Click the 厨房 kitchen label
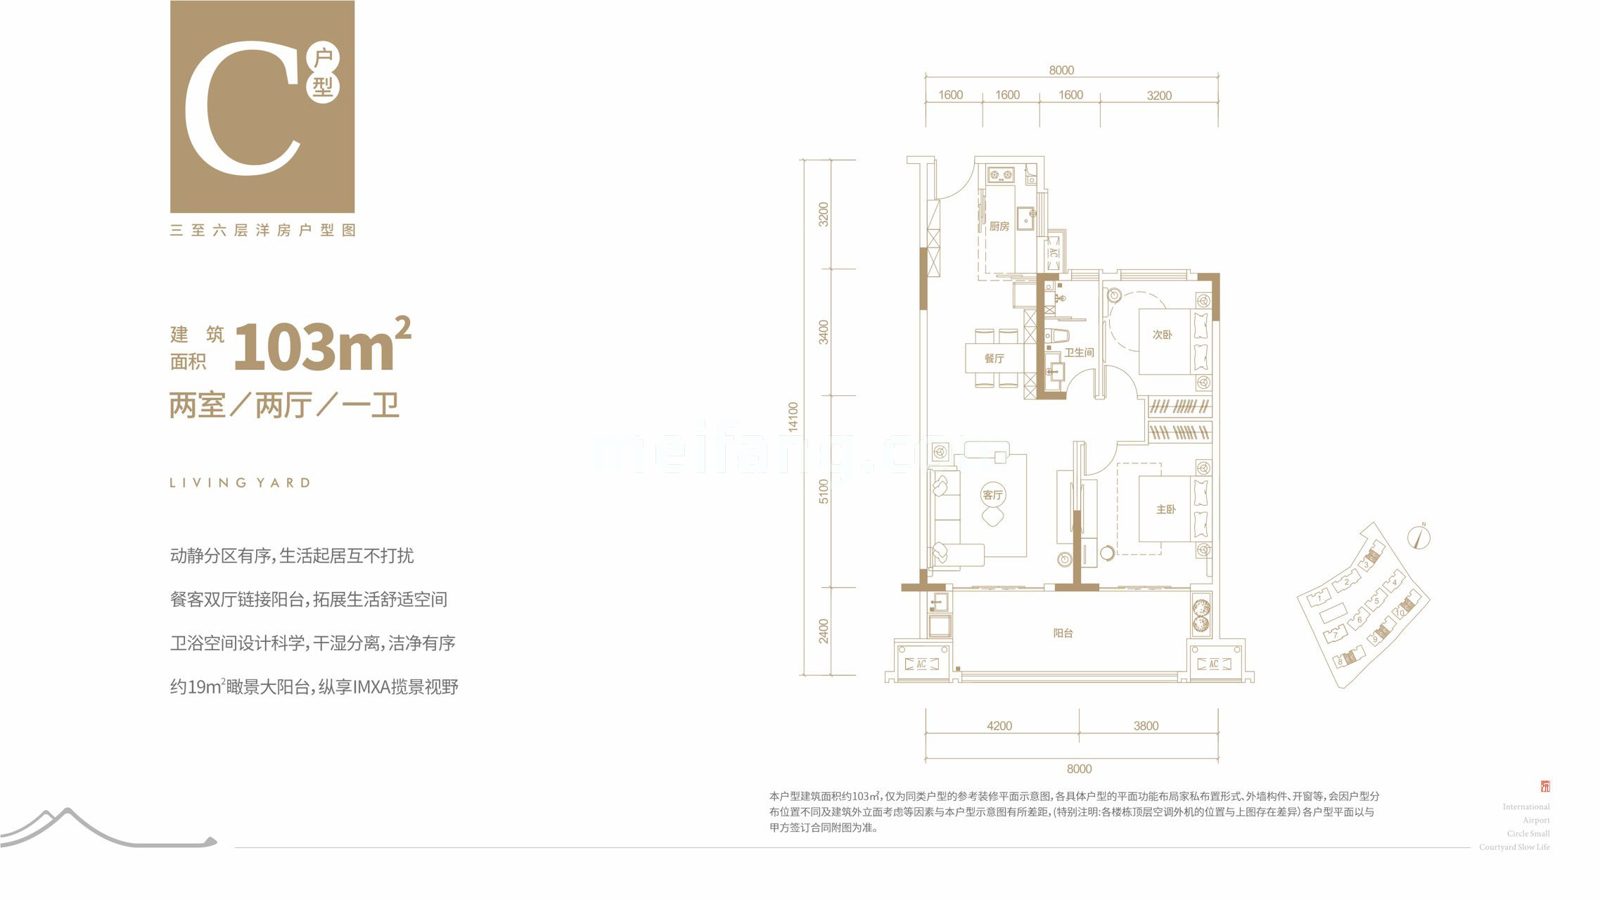(999, 226)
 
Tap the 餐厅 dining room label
(994, 359)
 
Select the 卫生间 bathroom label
(1079, 352)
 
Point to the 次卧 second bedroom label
(1162, 335)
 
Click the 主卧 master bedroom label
(1165, 509)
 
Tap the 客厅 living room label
(992, 495)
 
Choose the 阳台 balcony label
(1063, 633)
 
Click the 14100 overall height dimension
(793, 416)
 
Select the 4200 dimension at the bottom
(999, 726)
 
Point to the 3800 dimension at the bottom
(1146, 726)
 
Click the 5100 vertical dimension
(824, 491)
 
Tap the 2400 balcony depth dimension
(824, 631)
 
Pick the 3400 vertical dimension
(824, 332)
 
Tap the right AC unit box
(1213, 664)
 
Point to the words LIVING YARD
(240, 483)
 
